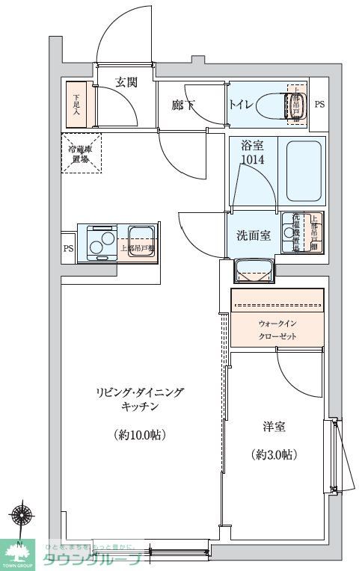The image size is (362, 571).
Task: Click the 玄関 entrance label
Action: (x=126, y=82)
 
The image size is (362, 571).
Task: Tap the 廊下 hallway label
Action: (x=182, y=105)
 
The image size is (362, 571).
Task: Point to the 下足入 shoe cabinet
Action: (x=77, y=104)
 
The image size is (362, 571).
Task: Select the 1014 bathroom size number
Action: (x=252, y=160)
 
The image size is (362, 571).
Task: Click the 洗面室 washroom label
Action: (x=253, y=235)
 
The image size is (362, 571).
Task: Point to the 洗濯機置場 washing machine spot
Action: (x=292, y=232)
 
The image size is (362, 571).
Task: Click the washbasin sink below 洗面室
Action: (x=254, y=270)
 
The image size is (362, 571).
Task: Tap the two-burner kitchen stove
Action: (x=99, y=241)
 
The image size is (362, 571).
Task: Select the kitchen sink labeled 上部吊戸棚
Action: (x=138, y=241)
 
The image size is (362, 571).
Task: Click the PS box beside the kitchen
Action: (x=68, y=248)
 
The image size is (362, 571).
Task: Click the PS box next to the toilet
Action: (x=319, y=105)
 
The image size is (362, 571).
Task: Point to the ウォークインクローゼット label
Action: (x=277, y=330)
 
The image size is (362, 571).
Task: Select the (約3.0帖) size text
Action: (x=273, y=454)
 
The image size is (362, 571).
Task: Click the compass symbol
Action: (x=20, y=516)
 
